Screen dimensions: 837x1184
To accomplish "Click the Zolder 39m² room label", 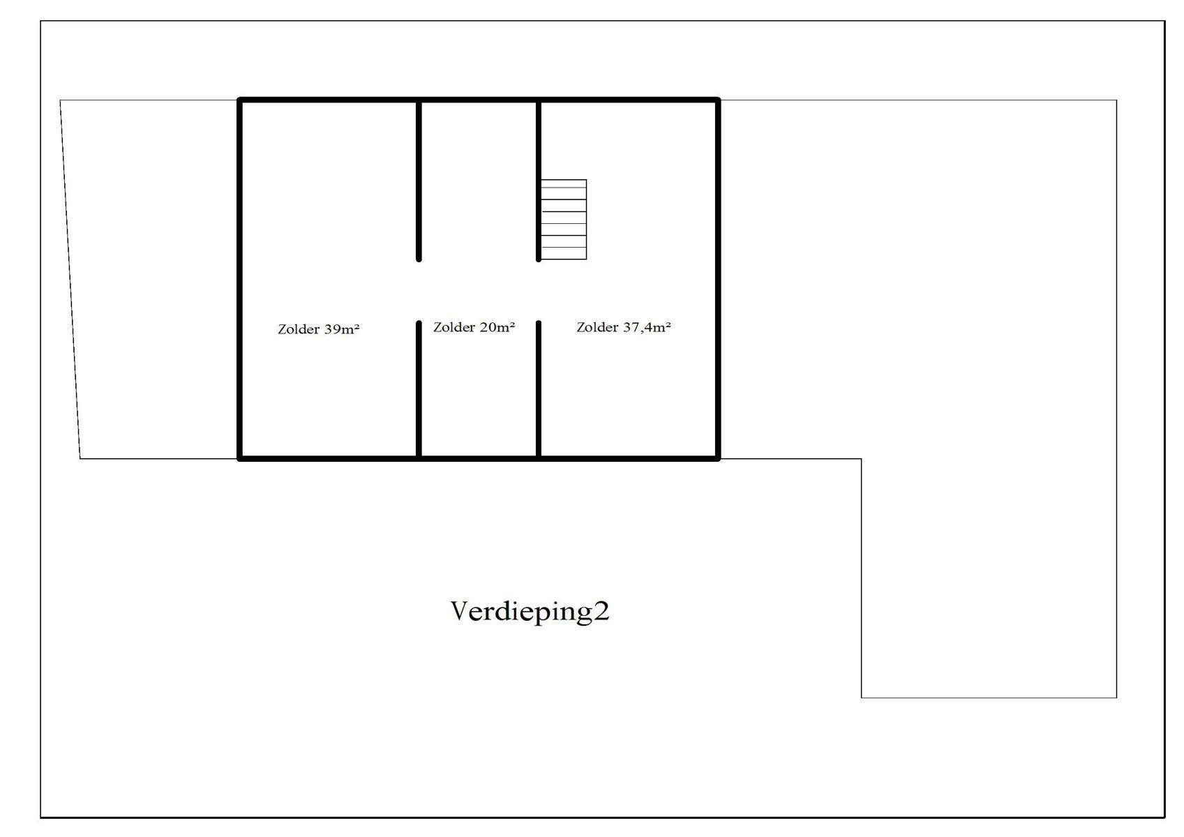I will (x=318, y=329).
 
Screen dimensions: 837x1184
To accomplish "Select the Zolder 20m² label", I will (x=474, y=327).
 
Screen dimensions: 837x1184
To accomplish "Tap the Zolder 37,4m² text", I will (x=623, y=327).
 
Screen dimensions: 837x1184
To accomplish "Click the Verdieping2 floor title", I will (x=530, y=611).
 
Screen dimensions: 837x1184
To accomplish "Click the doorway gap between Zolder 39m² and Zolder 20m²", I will (x=419, y=291).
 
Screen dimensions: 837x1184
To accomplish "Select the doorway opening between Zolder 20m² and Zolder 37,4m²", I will (x=539, y=291).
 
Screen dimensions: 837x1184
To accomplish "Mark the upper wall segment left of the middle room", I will (x=419, y=180).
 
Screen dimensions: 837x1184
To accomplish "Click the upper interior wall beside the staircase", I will (x=539, y=180).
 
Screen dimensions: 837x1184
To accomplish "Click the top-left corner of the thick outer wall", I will (x=240, y=100).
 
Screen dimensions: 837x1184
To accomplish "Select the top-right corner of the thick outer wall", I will (x=718, y=100).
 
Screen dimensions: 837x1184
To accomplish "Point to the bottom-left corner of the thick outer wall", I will (x=240, y=458).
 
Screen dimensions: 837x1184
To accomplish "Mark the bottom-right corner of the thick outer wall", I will (x=718, y=458).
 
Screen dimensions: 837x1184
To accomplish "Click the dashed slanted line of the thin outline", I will (x=70, y=279).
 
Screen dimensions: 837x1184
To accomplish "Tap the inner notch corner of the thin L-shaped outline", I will (x=862, y=459).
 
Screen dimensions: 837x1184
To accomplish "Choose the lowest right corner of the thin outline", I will (x=1116, y=697).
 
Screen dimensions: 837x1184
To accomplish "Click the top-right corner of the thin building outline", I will (x=1116, y=100).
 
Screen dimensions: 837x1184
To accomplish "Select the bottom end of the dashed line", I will (x=80, y=458).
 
